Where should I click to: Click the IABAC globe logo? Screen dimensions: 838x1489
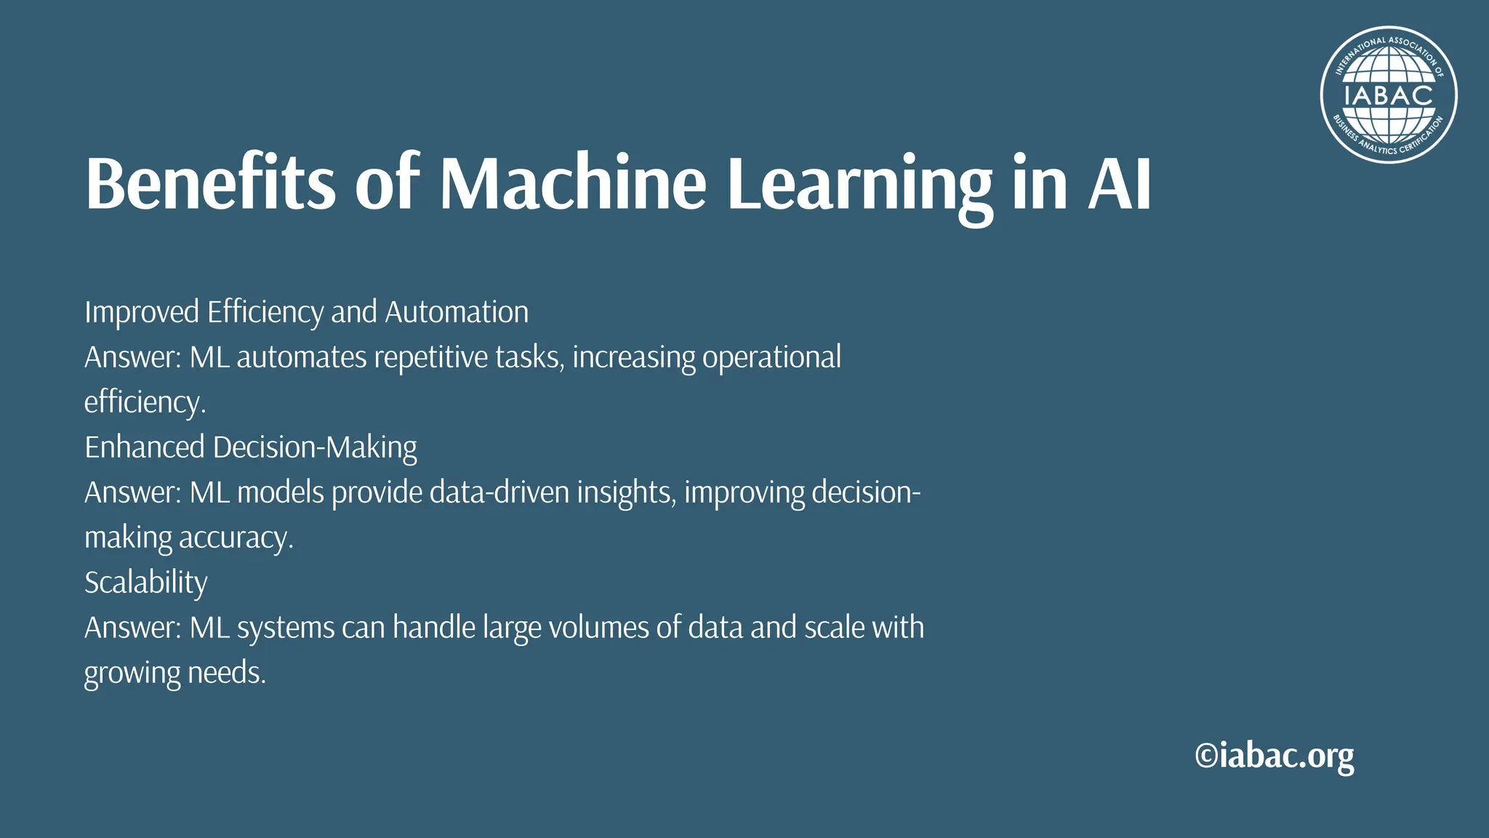pyautogui.click(x=1388, y=95)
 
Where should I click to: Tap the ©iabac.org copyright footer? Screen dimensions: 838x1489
pyautogui.click(x=1274, y=756)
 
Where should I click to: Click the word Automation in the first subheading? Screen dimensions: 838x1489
pyautogui.click(x=457, y=312)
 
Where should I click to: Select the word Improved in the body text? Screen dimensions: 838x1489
pyautogui.click(x=142, y=312)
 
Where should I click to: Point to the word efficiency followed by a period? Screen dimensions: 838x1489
pyautogui.click(x=145, y=402)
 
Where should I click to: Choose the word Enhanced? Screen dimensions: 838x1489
pyautogui.click(x=145, y=447)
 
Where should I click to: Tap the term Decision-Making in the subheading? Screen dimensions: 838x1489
pyautogui.click(x=315, y=447)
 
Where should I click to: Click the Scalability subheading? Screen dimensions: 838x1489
pyautogui.click(x=145, y=583)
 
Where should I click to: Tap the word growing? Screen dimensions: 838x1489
pyautogui.click(x=132, y=673)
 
